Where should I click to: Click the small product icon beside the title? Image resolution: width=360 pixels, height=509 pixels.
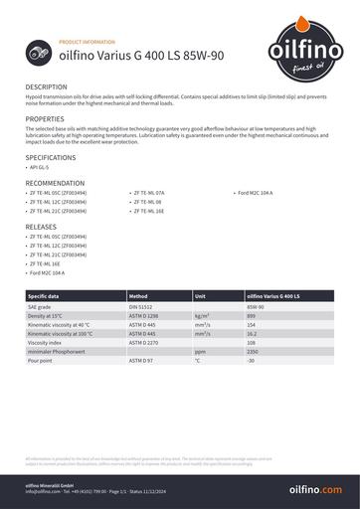coord(41,59)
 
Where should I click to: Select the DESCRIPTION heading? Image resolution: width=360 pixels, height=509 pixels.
coord(46,87)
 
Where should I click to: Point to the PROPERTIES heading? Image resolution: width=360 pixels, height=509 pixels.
coord(45,118)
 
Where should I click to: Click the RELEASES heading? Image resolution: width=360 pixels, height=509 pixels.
coord(41,227)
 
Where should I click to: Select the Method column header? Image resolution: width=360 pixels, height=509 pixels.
coord(139,296)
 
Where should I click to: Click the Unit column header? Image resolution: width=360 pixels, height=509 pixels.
coord(200,296)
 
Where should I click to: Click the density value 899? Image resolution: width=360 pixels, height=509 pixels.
coord(252,315)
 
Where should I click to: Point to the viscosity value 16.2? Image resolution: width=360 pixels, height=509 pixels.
coord(253,333)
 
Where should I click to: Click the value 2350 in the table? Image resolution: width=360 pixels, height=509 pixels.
coord(253,351)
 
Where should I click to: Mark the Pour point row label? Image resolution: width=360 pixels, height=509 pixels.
coord(44,360)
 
